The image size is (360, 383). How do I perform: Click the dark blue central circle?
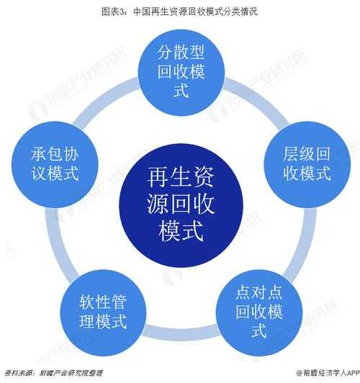click(x=181, y=205)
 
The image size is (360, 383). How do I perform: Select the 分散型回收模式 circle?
click(x=181, y=73)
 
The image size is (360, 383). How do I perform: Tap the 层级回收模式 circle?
click(x=307, y=164)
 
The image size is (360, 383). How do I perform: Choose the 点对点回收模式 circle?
click(x=259, y=312)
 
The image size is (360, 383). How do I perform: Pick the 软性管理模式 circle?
click(x=103, y=312)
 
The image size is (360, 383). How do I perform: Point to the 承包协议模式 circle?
click(x=55, y=164)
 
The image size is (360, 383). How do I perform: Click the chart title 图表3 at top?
click(x=179, y=12)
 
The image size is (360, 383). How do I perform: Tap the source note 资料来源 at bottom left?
click(x=53, y=373)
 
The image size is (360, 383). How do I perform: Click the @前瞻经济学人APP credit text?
click(x=328, y=373)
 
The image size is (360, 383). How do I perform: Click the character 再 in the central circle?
click(x=158, y=176)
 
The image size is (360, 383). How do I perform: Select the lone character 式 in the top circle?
click(x=181, y=91)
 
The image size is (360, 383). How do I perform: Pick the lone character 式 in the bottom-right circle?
click(x=259, y=330)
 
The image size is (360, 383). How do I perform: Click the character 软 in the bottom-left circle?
click(x=87, y=302)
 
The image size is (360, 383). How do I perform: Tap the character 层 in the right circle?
click(x=291, y=154)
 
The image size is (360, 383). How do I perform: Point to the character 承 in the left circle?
click(x=39, y=154)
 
